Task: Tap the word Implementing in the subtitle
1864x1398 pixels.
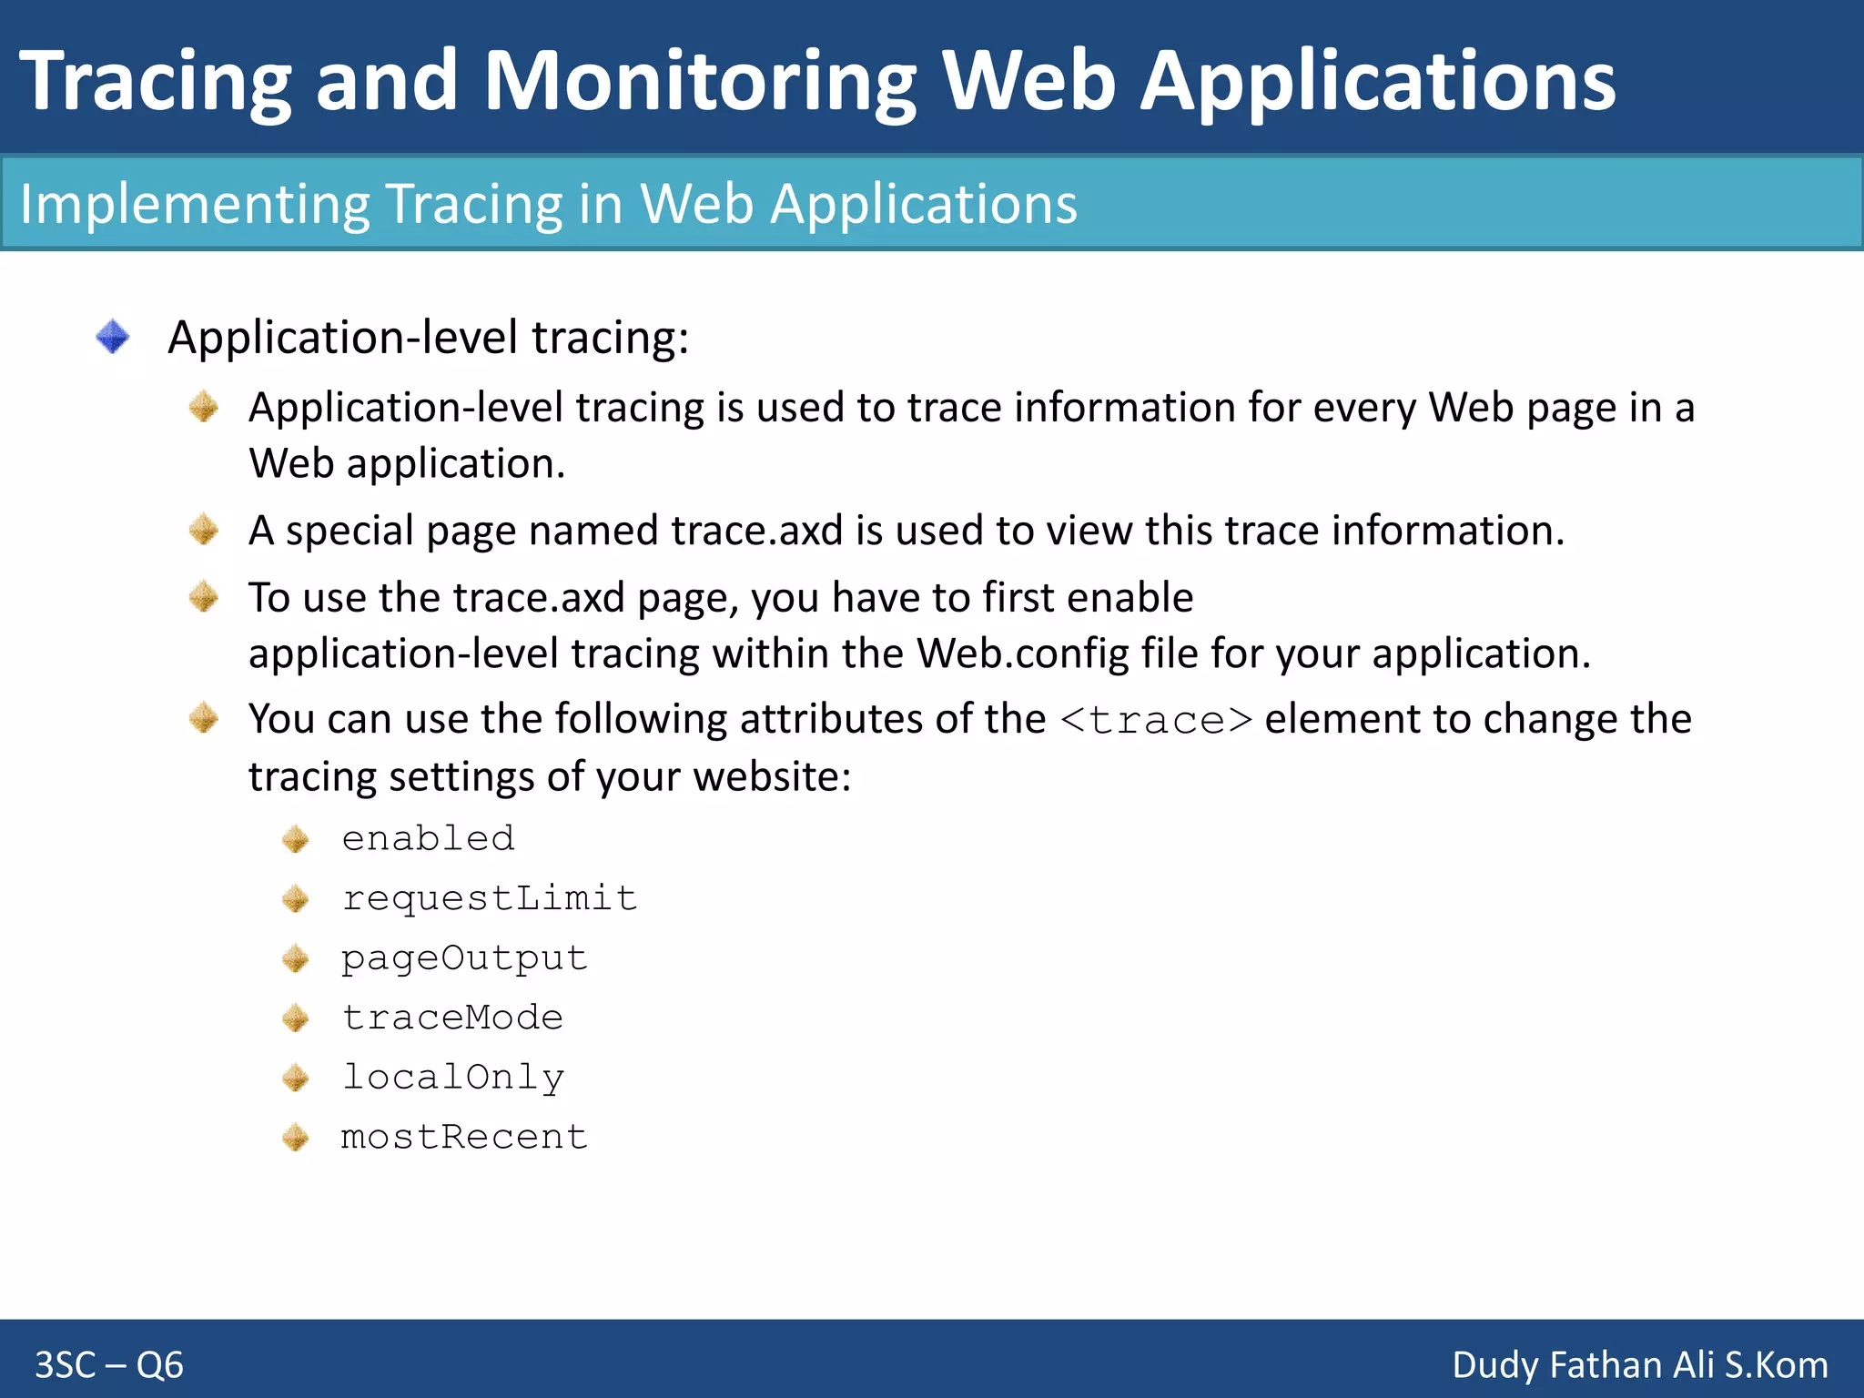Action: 194,204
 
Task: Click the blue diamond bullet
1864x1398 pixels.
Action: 113,337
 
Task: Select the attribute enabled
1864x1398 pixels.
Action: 428,838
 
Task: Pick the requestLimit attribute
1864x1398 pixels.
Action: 489,898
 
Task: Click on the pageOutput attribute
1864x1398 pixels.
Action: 464,958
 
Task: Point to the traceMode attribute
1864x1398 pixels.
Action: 452,1018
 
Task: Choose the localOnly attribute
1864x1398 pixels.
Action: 452,1078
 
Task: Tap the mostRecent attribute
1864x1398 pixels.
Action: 464,1137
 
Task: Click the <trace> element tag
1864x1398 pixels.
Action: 1156,720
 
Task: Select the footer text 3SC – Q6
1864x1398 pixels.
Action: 109,1365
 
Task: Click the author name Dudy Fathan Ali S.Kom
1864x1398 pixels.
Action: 1640,1365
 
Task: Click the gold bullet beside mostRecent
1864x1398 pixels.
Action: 296,1137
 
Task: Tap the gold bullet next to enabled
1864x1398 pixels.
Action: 296,838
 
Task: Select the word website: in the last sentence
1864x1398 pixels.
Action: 772,777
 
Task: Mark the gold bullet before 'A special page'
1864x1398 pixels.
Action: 204,530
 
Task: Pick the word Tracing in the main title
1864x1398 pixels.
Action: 155,82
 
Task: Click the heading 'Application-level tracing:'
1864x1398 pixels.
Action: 429,338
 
